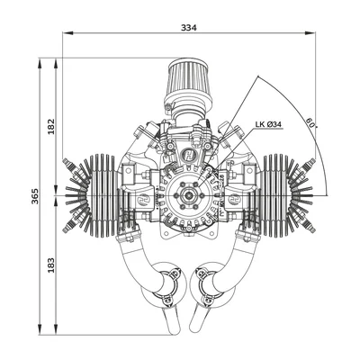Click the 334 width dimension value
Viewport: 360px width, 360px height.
(189, 28)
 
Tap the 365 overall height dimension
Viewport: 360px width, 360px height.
(35, 196)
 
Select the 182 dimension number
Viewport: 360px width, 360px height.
(51, 126)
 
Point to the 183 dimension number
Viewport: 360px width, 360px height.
(51, 265)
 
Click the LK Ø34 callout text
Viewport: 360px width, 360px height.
(268, 124)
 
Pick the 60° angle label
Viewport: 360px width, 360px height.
(311, 123)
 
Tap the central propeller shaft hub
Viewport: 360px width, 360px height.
(188, 195)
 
